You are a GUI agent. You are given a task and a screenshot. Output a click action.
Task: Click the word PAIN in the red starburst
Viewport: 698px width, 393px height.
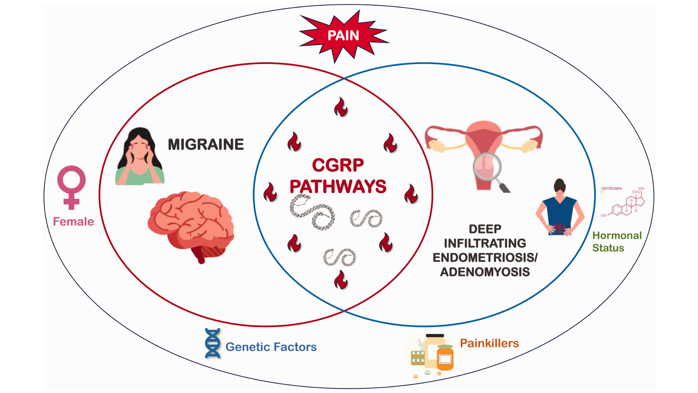[x=343, y=36]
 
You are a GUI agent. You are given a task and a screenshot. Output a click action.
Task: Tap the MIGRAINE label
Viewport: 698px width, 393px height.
[x=206, y=144]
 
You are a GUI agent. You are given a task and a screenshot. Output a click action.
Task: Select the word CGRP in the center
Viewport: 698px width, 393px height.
[x=338, y=165]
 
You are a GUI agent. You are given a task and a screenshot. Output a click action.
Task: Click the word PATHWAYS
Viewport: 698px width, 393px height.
[x=338, y=186]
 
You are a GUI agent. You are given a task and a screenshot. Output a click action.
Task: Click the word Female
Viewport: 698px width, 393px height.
[x=73, y=221]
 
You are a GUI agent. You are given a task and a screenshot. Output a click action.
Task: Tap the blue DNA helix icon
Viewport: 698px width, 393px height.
[x=213, y=343]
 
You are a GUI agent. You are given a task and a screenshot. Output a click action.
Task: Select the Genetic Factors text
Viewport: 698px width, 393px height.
[x=271, y=347]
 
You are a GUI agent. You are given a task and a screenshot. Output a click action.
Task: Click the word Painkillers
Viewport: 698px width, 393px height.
[x=489, y=343]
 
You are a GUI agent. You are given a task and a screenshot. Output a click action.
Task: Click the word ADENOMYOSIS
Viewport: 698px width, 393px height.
[x=485, y=272]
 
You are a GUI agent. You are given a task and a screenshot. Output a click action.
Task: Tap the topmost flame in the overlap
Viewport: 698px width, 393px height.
[x=341, y=107]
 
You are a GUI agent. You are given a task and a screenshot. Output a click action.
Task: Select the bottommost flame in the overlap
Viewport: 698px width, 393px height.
[x=341, y=280]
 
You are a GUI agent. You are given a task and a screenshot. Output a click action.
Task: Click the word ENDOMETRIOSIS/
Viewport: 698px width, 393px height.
[x=485, y=258]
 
